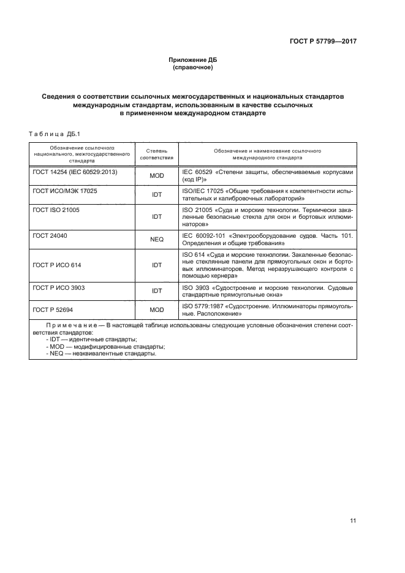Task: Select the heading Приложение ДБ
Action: pyautogui.click(x=193, y=60)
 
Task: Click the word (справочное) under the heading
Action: pyautogui.click(x=193, y=67)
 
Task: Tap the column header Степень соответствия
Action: pyautogui.click(x=156, y=154)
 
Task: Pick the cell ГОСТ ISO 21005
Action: pyautogui.click(x=56, y=210)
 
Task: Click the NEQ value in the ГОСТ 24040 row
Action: pyautogui.click(x=156, y=240)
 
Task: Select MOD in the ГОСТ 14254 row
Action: pyautogui.click(x=156, y=176)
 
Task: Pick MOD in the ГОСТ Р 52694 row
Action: pyautogui.click(x=156, y=309)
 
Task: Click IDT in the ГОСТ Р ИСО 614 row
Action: pyautogui.click(x=156, y=265)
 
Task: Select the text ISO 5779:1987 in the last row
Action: pyautogui.click(x=203, y=306)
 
